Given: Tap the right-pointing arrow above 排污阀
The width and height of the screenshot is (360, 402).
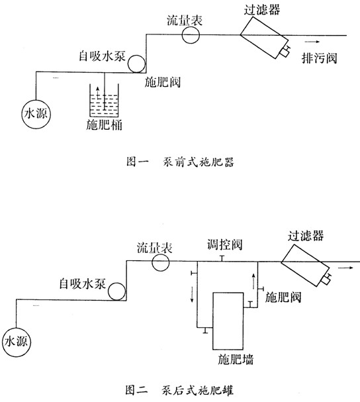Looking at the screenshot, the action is (x=312, y=42).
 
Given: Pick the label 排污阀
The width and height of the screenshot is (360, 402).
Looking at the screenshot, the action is (x=319, y=58).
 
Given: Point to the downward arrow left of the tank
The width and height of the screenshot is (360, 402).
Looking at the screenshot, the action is (x=192, y=294).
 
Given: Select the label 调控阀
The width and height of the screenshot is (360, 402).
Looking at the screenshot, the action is (x=225, y=244).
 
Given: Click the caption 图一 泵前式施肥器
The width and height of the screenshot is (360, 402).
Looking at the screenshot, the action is (x=181, y=162).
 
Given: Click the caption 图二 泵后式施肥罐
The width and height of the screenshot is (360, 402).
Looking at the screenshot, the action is (x=179, y=391).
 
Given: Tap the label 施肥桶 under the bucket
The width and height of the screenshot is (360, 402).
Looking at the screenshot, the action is (x=104, y=125).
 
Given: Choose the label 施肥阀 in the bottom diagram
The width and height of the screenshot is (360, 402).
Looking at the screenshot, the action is (x=283, y=297).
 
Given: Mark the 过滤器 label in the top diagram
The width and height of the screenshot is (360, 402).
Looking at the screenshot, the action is (x=262, y=9).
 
